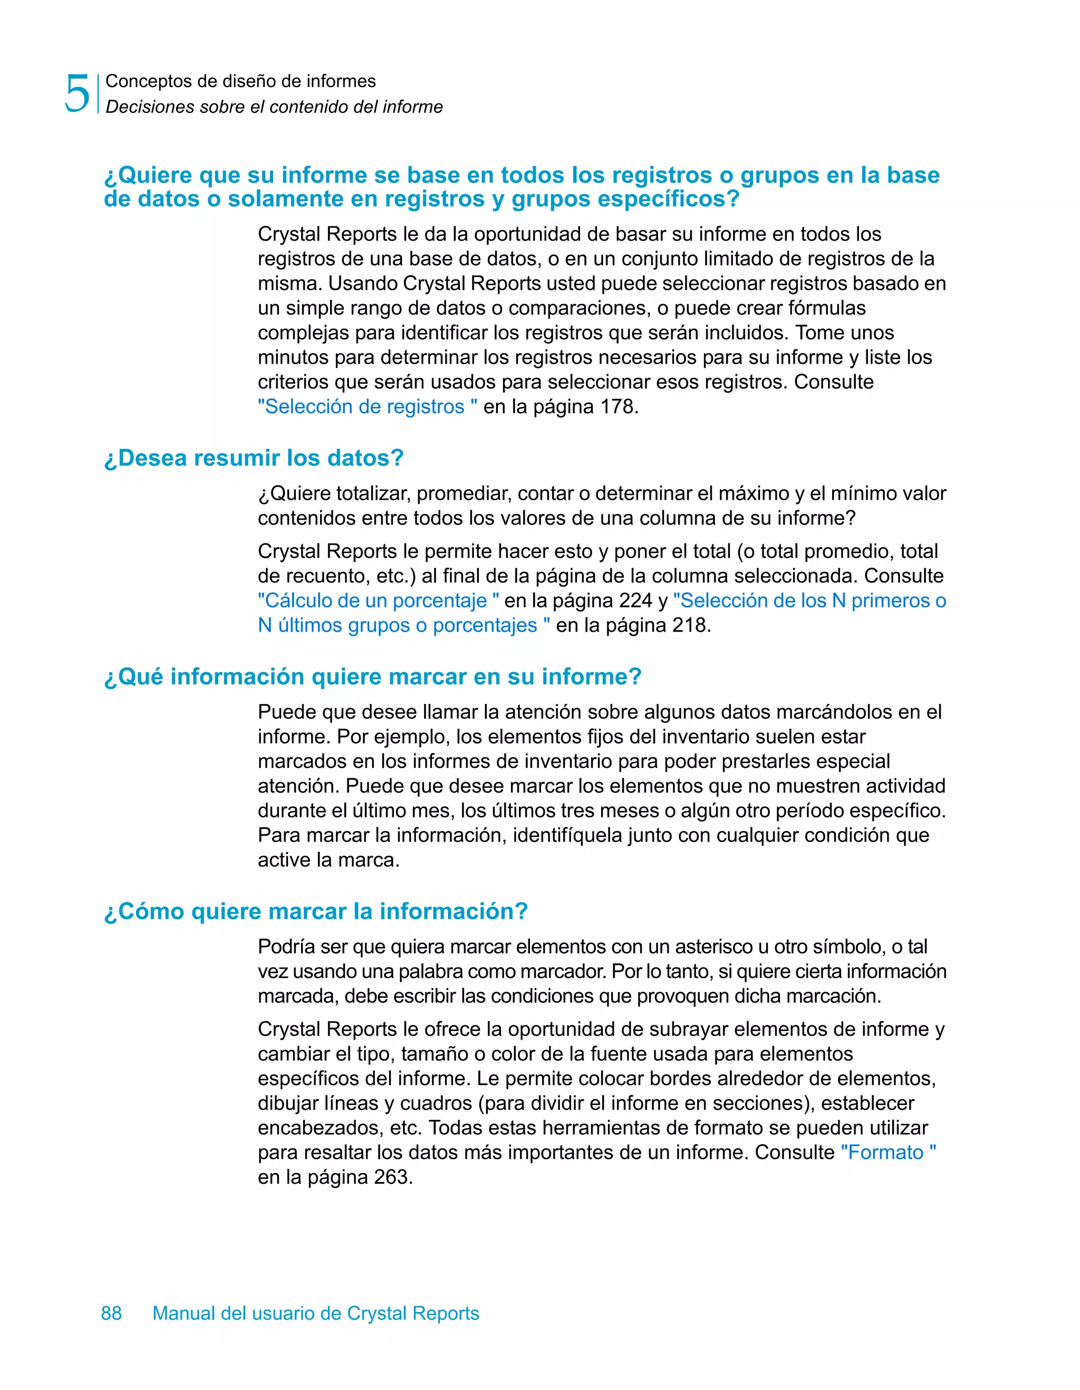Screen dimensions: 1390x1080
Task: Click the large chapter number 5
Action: (x=78, y=93)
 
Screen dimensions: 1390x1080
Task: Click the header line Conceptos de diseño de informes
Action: (x=240, y=81)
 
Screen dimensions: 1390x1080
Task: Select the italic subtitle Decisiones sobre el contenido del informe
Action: (x=274, y=107)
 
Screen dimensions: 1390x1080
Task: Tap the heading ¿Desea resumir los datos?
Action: (x=254, y=458)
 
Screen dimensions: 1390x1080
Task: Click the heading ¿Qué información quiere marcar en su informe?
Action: (x=373, y=676)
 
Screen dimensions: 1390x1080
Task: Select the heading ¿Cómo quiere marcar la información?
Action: (x=316, y=911)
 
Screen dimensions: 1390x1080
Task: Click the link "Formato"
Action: (x=888, y=1152)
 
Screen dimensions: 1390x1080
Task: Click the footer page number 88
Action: (x=111, y=1313)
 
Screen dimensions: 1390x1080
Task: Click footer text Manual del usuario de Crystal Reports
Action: (x=315, y=1313)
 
